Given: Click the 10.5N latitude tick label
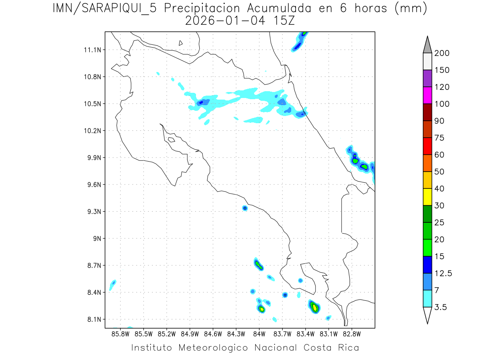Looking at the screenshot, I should [92, 104].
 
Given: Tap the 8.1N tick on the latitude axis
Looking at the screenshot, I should [92, 319].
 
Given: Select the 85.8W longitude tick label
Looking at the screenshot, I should [121, 333].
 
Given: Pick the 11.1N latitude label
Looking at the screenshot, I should [92, 50].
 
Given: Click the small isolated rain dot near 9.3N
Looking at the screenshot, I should [245, 208].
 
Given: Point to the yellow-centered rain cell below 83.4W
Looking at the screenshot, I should [315, 307].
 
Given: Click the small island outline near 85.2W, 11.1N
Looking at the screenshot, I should [181, 43].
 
